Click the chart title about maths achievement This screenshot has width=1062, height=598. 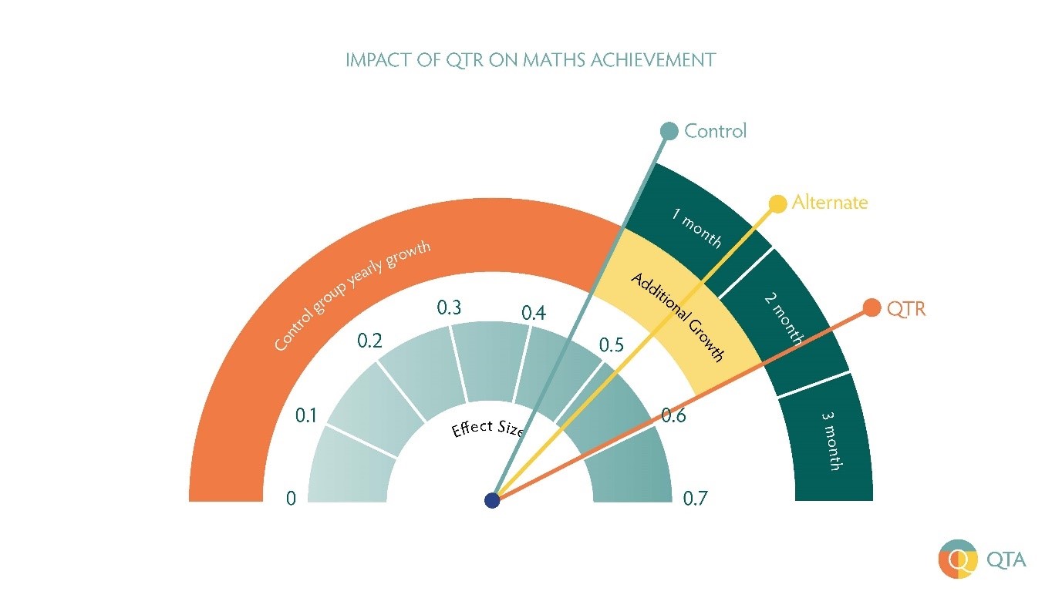(531, 60)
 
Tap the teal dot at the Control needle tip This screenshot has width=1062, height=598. (669, 131)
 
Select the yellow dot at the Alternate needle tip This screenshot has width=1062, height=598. (778, 203)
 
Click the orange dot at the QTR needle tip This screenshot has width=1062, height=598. (872, 307)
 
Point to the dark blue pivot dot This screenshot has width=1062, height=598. (492, 501)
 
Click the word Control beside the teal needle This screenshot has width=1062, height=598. (715, 131)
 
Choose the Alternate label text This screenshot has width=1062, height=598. (829, 203)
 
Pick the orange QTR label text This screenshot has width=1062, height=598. (905, 309)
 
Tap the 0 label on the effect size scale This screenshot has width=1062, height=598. (291, 499)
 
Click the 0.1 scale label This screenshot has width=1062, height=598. (306, 416)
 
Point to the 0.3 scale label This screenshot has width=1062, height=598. (449, 308)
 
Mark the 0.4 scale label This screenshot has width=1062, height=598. (534, 314)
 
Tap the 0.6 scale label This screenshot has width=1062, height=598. (673, 416)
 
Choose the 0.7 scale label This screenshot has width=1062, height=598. (695, 499)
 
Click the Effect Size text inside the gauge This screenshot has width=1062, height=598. (487, 428)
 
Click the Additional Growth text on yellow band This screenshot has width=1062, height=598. (678, 317)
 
